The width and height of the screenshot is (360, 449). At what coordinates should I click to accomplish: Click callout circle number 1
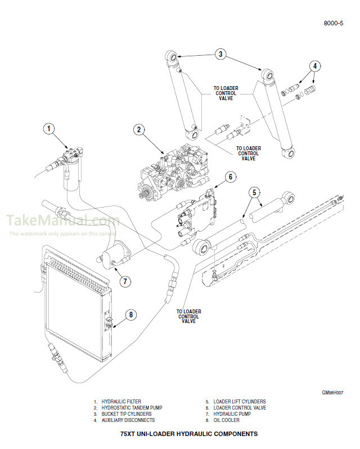[49, 129]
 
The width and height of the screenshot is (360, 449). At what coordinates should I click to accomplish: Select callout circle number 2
[137, 129]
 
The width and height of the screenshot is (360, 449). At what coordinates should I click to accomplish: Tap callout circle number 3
[220, 55]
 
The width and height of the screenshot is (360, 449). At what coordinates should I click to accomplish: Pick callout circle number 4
[316, 66]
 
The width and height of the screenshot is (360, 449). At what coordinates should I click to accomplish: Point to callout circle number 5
[255, 192]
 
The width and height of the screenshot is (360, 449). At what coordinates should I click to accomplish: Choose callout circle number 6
[229, 177]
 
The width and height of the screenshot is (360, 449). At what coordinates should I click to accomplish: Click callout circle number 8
[130, 315]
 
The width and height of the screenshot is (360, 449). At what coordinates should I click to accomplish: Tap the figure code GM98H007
[332, 393]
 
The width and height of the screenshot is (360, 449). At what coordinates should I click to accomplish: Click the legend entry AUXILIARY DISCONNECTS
[128, 420]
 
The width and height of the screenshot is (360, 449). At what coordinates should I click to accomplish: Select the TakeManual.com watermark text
[62, 221]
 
